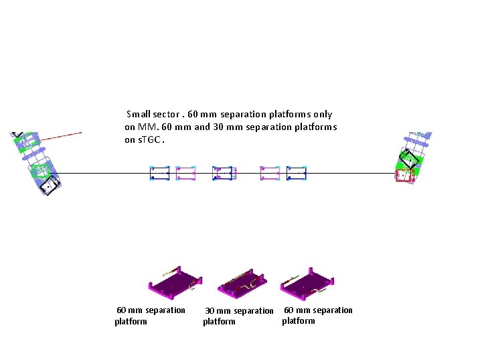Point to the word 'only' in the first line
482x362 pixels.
[321, 115]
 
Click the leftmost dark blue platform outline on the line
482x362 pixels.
[159, 173]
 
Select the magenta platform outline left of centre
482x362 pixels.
[185, 173]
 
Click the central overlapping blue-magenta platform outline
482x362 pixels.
[224, 173]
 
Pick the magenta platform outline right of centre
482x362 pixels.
[270, 173]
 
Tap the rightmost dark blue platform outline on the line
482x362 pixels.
[297, 173]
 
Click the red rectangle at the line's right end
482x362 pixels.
[404, 176]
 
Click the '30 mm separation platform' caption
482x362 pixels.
[238, 316]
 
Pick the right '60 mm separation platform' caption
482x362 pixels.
[317, 315]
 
